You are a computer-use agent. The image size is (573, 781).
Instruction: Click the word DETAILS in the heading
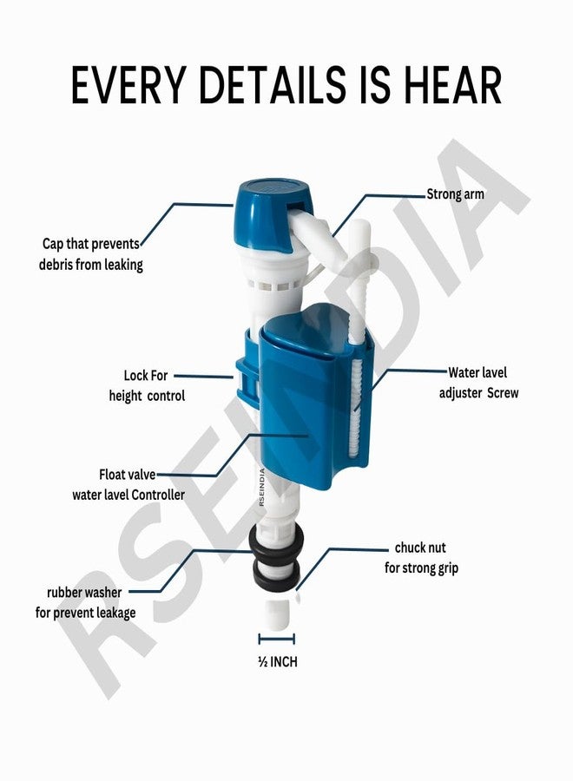coord(272,85)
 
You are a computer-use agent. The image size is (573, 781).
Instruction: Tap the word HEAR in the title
coord(452,85)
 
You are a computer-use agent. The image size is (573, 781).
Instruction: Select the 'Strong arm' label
coord(456,194)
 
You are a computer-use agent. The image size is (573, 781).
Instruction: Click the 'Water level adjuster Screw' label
coord(478,383)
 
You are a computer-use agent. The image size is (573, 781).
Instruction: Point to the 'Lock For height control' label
coord(147,385)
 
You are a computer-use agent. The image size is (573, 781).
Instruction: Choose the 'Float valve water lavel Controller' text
coord(128,484)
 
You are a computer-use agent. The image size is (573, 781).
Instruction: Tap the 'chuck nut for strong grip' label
coord(421,558)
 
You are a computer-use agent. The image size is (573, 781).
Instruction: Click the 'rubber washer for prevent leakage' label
coord(85,603)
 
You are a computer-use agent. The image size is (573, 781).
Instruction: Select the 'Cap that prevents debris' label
coord(91,254)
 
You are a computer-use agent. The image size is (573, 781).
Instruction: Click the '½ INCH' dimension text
coord(278,661)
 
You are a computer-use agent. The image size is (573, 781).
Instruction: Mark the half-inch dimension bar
coord(277,639)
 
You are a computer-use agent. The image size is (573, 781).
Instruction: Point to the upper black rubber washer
coord(277,540)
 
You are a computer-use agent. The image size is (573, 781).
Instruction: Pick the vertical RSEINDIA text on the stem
coord(262,488)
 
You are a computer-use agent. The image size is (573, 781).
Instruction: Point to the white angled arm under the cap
coord(319,234)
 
